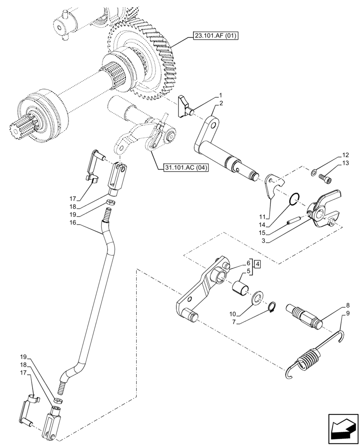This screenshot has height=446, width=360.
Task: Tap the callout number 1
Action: point(220,96)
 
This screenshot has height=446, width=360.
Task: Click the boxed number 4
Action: point(258,264)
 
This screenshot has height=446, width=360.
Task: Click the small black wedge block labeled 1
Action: point(184,106)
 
